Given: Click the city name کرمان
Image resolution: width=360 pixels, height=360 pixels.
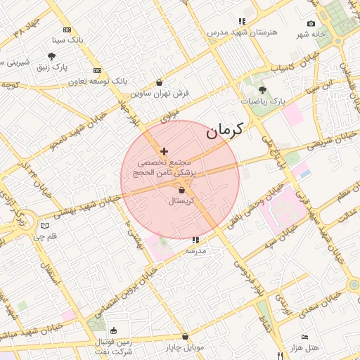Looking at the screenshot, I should [224, 130].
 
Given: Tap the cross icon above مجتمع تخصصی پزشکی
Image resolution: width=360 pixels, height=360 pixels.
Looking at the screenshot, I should [165, 151].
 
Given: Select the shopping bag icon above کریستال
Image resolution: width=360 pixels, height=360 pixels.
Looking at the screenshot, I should [181, 190].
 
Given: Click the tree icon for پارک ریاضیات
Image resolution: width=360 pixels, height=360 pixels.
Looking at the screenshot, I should [263, 90].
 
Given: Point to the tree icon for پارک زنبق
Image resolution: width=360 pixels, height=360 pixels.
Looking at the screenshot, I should [52, 56].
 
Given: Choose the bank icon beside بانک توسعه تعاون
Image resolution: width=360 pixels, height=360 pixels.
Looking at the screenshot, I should [97, 70].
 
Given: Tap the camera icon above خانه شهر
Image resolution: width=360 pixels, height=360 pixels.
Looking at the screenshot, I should [311, 24].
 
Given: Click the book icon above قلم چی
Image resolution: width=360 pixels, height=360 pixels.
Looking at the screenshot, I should [45, 226].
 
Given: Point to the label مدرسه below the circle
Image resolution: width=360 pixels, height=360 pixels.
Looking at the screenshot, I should [195, 250].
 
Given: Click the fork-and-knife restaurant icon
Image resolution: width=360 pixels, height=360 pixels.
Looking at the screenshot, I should [280, 355].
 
